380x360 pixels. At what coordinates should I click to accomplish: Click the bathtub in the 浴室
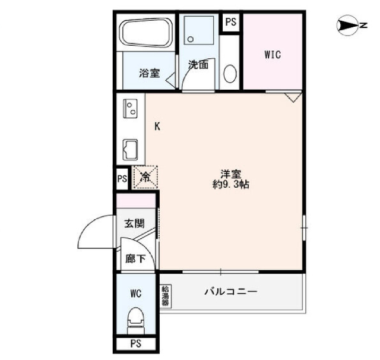click(146, 33)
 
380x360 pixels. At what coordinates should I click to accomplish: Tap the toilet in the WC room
click(136, 321)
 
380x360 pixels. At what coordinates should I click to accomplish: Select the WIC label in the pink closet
click(273, 55)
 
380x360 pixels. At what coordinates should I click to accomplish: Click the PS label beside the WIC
click(231, 22)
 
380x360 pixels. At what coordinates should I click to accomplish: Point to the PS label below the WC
click(136, 343)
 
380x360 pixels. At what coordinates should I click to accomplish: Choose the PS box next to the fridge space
click(122, 179)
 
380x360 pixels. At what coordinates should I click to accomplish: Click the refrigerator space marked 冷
click(145, 177)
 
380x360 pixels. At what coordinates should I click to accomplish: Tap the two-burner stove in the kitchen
click(131, 108)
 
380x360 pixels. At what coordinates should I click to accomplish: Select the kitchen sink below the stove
click(131, 150)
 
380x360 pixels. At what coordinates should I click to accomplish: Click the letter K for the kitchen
click(157, 127)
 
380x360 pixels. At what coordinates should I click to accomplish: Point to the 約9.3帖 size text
click(231, 185)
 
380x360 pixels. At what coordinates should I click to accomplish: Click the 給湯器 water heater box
click(166, 296)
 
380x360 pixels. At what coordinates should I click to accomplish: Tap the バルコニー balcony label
click(230, 291)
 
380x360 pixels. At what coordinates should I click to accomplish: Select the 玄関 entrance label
click(135, 223)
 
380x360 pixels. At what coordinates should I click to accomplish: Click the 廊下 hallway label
click(135, 259)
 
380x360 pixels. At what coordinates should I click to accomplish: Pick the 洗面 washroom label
click(198, 65)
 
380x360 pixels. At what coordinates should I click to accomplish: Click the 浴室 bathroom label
click(149, 73)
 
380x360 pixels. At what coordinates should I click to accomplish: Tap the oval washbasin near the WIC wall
click(230, 74)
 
